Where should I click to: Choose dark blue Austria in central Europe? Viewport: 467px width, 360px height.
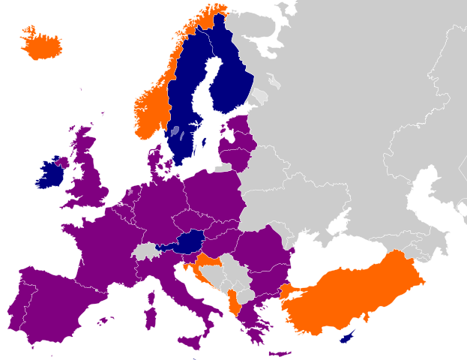click(187, 242)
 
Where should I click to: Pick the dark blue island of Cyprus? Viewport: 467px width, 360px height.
click(348, 337)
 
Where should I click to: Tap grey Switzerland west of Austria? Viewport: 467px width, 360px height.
click(146, 251)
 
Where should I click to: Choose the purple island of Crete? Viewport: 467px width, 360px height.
click(279, 353)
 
